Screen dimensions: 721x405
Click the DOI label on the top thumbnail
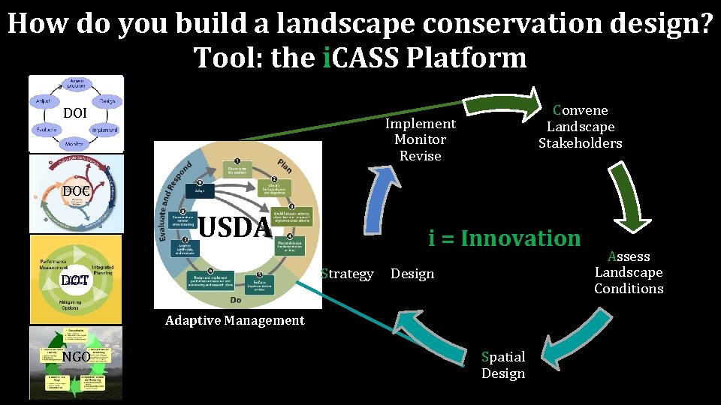point(75,113)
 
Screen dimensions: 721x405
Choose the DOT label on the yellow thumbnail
point(75,280)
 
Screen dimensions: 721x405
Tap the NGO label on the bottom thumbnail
point(76,357)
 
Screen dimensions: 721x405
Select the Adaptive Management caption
point(234,320)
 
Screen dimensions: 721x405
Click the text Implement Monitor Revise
point(420,139)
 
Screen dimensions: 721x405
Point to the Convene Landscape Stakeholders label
point(580,127)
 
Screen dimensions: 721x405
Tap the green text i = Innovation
point(505,238)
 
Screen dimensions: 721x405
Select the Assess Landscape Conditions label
point(629,272)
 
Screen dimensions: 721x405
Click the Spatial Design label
point(503,364)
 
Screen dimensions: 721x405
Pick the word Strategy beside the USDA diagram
point(347,274)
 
